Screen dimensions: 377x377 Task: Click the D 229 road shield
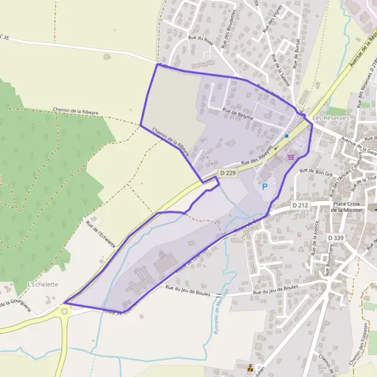[227, 172]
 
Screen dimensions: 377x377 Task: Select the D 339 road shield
[336, 238]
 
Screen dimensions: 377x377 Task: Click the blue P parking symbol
[265, 186]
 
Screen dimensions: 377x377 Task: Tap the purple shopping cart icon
[290, 157]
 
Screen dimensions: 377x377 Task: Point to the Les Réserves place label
[331, 117]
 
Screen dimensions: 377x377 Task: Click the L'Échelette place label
[43, 284]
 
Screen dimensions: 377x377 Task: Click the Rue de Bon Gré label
[316, 171]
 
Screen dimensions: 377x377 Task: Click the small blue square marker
[287, 135]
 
